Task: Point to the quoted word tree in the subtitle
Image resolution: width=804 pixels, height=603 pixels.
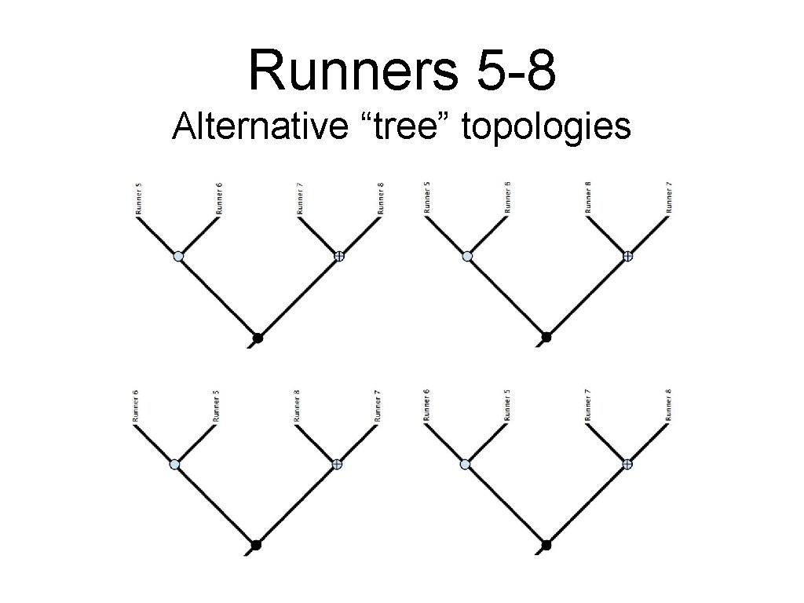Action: pos(407,126)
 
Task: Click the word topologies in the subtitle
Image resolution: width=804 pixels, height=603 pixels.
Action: pos(546,126)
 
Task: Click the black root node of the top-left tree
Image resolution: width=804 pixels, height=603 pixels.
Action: pos(257,338)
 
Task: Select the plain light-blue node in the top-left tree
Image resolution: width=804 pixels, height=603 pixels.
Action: pos(178,256)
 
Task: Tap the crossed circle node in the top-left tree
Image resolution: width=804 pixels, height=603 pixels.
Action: pos(338,256)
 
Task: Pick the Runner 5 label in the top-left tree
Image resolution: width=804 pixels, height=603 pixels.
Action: pos(138,199)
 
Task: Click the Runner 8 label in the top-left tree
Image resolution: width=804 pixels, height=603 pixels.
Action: pos(380,199)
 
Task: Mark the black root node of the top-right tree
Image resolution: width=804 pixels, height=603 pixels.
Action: pos(546,338)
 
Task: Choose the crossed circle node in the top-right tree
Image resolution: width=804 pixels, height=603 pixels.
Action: pos(627,256)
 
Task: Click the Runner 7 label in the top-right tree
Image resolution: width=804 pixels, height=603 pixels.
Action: pos(669,198)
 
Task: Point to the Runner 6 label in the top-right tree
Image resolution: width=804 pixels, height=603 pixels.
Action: pos(508,198)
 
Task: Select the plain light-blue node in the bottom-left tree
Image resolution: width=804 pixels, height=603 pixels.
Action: pos(175,464)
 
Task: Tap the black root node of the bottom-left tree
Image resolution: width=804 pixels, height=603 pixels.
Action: pos(255,545)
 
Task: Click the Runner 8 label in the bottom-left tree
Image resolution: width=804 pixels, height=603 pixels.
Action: pos(297,406)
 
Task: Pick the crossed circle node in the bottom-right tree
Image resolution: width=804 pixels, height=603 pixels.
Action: pos(627,464)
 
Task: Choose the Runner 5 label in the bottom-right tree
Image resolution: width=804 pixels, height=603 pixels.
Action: pos(508,406)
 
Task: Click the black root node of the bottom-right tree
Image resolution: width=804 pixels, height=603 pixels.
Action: pos(546,545)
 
